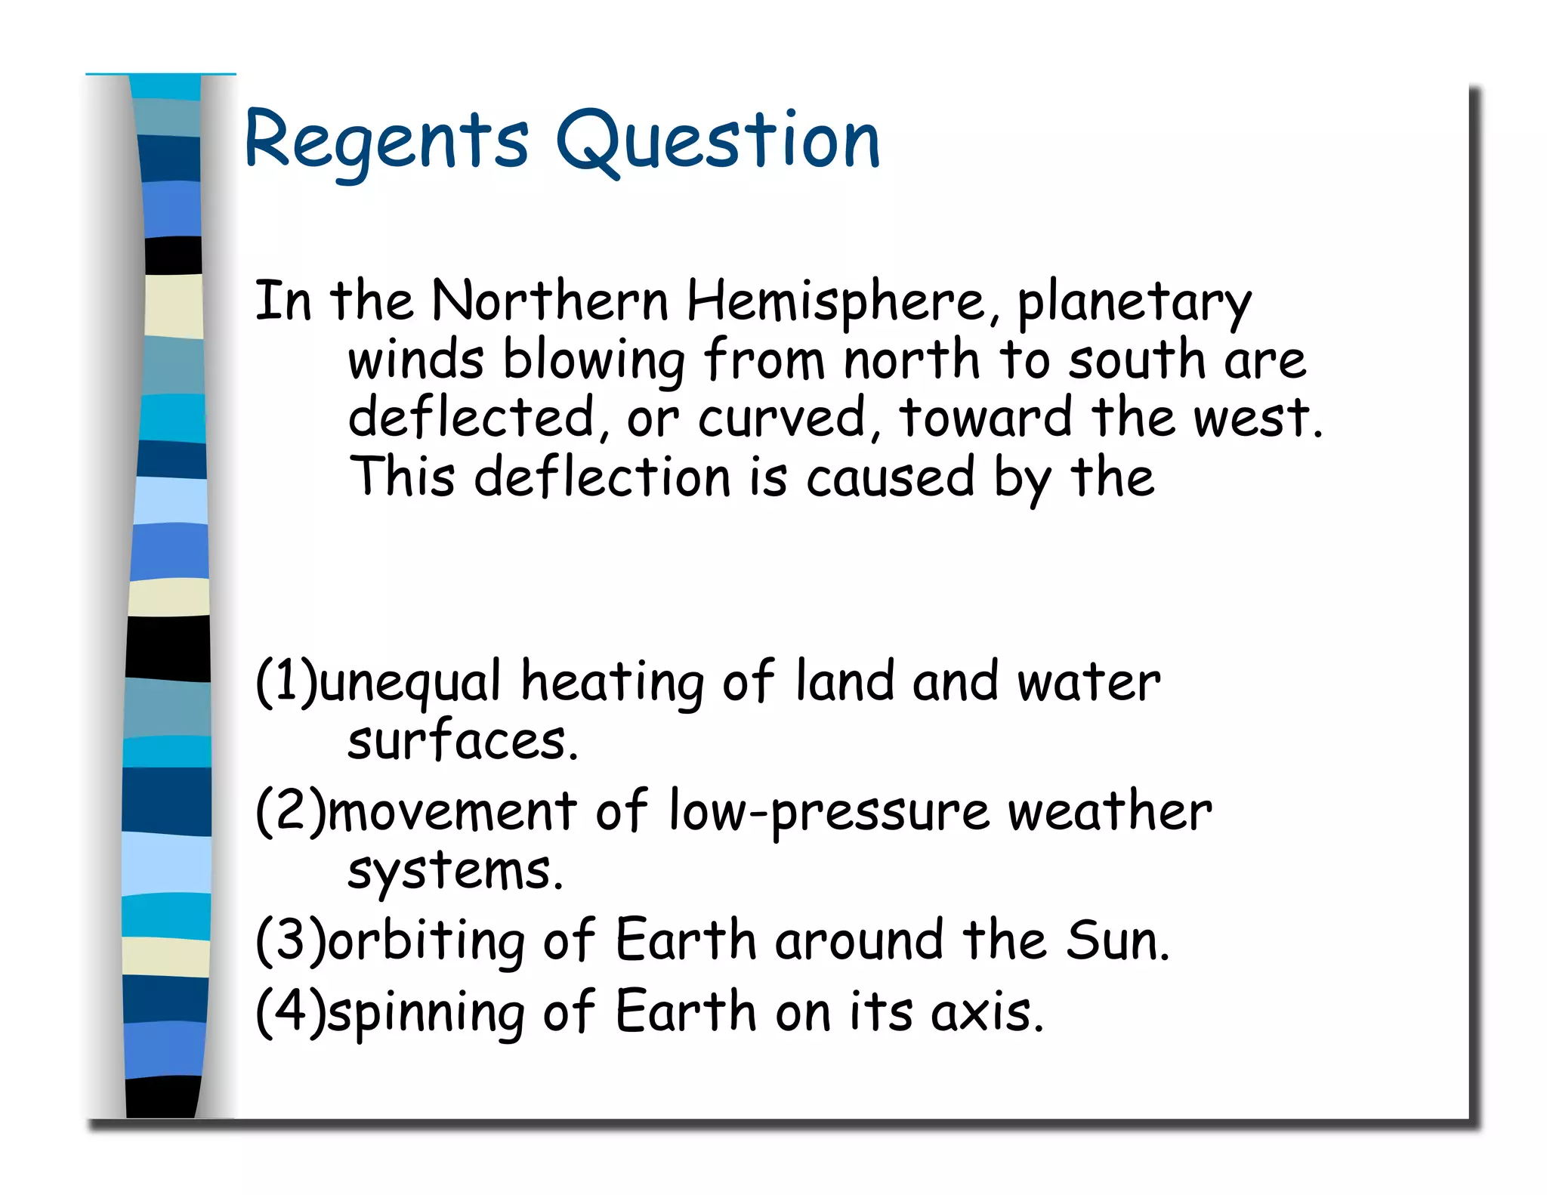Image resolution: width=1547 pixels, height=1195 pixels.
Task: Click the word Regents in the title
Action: click(x=386, y=141)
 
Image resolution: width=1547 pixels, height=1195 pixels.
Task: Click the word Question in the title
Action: click(x=718, y=141)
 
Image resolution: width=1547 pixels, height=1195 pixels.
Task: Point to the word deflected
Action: click(x=471, y=418)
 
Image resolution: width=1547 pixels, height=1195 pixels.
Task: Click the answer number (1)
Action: click(x=286, y=681)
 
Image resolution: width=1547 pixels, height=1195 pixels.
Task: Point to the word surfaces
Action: click(x=462, y=741)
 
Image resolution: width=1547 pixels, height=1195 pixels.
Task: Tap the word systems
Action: click(x=455, y=872)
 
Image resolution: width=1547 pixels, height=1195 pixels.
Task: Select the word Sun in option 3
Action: click(x=1116, y=940)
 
